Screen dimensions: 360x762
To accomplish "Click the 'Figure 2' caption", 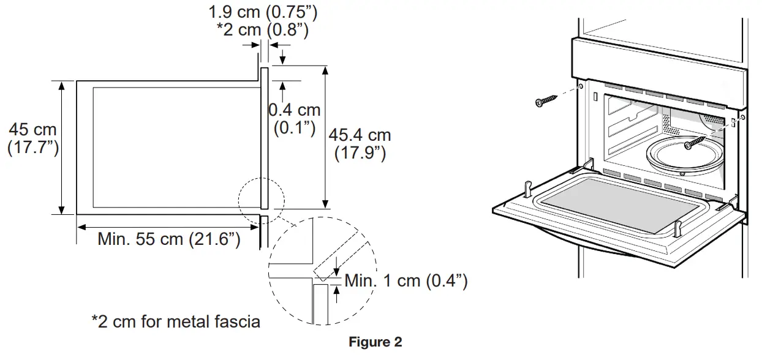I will (375, 342).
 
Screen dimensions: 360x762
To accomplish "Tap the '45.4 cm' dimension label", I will (360, 135).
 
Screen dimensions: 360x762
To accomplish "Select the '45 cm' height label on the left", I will (32, 130).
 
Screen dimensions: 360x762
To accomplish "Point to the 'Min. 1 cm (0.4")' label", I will (406, 281).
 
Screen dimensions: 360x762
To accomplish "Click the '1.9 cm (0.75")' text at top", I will (263, 11).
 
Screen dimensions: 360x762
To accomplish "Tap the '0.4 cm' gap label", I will (295, 110).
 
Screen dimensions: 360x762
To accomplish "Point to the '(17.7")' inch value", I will (32, 148).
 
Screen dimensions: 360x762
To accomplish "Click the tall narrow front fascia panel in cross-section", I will (265, 138).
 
